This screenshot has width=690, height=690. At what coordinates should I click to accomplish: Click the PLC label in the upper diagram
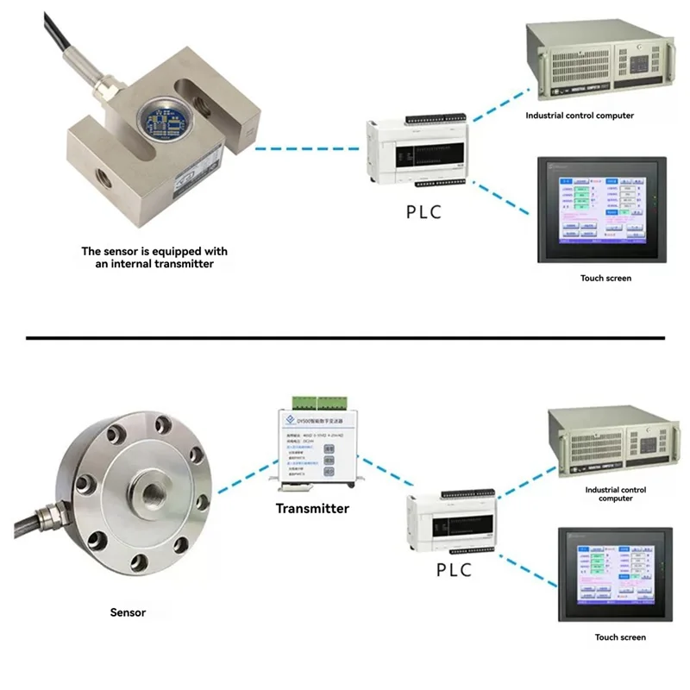[423, 211]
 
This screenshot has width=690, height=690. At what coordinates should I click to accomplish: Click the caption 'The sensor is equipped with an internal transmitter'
[154, 257]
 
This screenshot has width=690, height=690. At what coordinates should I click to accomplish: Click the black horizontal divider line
[345, 337]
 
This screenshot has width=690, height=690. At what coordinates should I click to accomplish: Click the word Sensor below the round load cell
[128, 612]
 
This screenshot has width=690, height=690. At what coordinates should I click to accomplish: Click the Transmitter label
[312, 508]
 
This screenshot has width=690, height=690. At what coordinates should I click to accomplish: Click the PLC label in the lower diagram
[454, 569]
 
